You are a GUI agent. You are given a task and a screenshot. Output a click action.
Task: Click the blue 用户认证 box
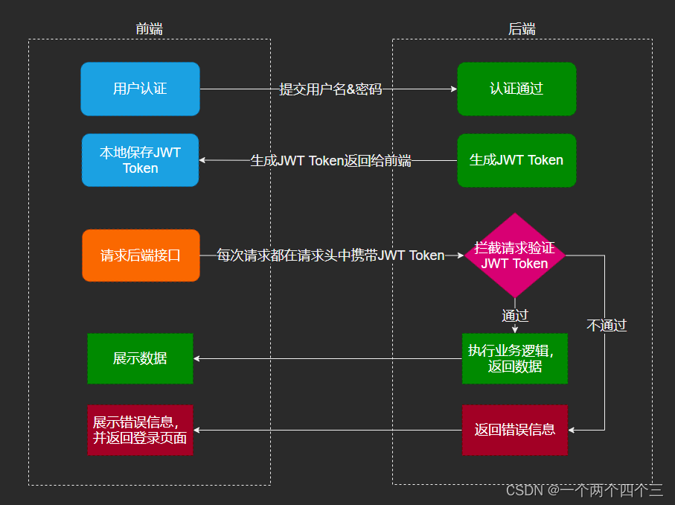click(x=140, y=89)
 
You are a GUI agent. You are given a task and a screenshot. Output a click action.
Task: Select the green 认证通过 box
click(x=516, y=89)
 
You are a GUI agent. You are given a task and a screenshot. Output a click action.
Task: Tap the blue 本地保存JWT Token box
click(x=140, y=160)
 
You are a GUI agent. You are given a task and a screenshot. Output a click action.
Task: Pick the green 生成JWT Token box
click(x=516, y=160)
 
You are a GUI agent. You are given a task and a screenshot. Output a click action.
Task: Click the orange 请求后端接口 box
click(x=141, y=255)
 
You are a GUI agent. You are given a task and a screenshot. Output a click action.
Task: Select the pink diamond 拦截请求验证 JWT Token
click(x=515, y=255)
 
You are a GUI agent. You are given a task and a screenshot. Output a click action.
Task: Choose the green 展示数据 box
click(x=140, y=358)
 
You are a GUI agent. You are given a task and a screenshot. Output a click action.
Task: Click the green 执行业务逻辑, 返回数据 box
click(x=515, y=358)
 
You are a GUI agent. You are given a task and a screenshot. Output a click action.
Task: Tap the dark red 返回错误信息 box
click(x=515, y=430)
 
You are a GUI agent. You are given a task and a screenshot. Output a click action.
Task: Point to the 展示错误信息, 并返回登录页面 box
click(x=140, y=430)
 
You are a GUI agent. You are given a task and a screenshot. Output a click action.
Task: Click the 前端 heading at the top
click(x=149, y=29)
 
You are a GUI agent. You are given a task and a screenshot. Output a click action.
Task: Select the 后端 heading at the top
click(x=522, y=29)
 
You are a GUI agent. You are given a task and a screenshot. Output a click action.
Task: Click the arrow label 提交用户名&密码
click(x=330, y=89)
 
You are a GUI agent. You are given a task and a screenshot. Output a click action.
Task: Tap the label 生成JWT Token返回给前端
click(x=330, y=160)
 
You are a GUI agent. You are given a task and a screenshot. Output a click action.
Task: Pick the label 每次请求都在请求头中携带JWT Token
click(x=330, y=255)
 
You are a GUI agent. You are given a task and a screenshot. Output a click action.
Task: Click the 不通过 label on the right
click(x=607, y=325)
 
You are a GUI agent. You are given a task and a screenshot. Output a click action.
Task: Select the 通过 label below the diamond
click(x=515, y=315)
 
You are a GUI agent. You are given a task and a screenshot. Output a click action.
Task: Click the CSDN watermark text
click(x=584, y=490)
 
